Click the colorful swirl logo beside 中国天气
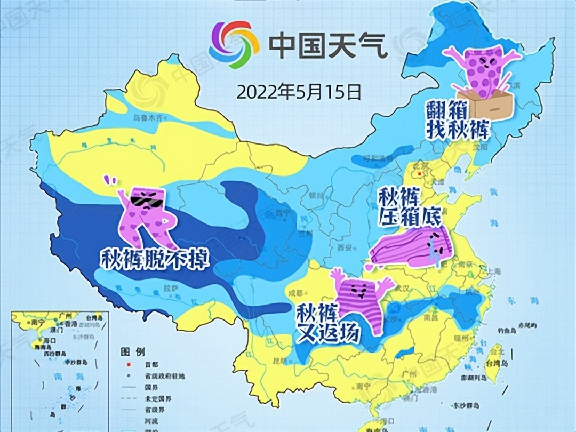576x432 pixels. [234, 45]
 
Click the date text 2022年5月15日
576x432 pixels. [299, 92]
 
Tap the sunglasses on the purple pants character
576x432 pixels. [146, 201]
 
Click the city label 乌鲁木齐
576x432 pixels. [147, 118]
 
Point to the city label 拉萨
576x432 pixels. [170, 288]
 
